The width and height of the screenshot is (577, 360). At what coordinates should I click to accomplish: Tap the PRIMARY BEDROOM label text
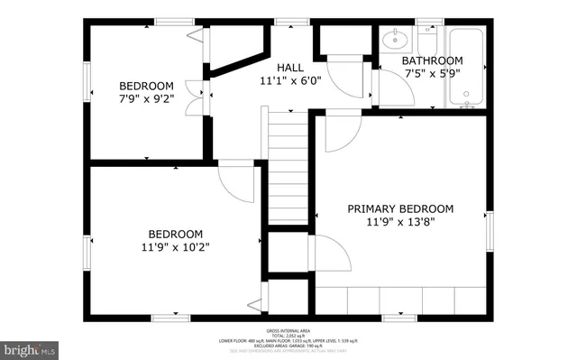click(x=400, y=208)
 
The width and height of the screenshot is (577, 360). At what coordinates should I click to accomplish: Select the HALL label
click(x=289, y=68)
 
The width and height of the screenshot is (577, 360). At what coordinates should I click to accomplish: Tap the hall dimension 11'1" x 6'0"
click(x=289, y=80)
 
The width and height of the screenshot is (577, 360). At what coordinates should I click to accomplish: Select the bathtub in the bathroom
click(x=466, y=68)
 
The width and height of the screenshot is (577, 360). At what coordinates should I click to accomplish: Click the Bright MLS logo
click(x=30, y=348)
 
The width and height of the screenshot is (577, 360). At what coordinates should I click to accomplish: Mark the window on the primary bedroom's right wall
click(x=490, y=232)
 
